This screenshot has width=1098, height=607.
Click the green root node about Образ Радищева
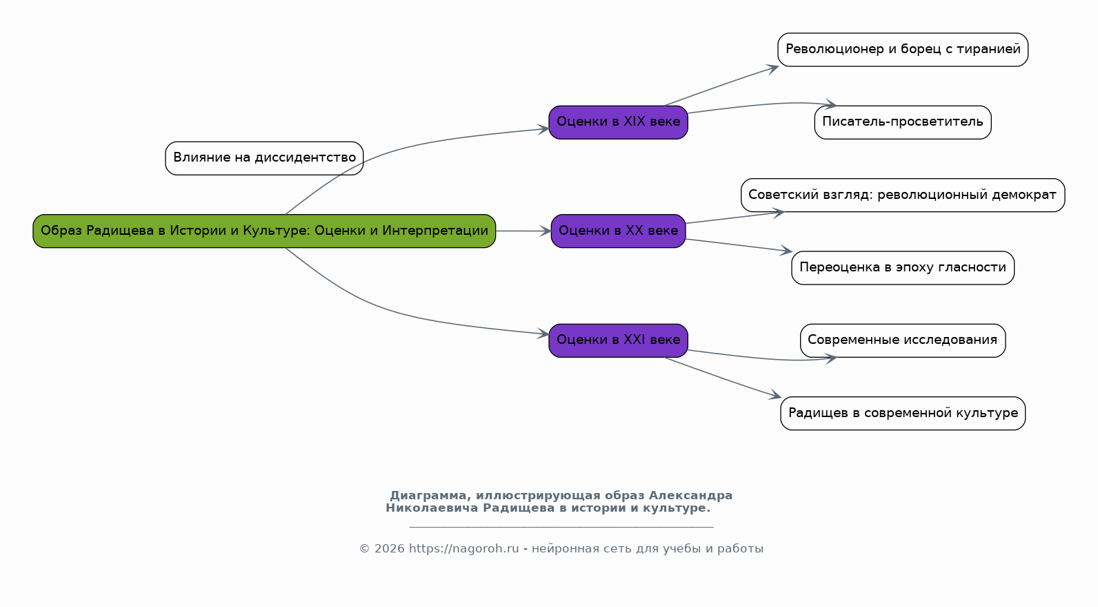click(x=264, y=231)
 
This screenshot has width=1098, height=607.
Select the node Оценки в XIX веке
click(x=618, y=122)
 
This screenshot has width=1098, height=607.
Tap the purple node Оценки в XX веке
click(x=618, y=231)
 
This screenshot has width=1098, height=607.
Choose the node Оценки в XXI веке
click(x=618, y=340)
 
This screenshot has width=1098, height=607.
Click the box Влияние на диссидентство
click(x=264, y=158)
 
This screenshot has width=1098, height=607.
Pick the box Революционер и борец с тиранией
click(x=903, y=50)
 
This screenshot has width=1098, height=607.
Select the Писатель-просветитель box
click(x=903, y=122)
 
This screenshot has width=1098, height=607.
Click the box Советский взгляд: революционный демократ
click(x=903, y=195)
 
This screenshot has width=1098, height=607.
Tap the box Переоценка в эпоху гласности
click(x=903, y=267)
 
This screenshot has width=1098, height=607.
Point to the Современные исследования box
click(x=903, y=340)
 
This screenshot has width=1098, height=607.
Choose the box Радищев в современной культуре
click(x=903, y=413)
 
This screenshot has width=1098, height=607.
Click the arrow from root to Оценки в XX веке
click(x=523, y=231)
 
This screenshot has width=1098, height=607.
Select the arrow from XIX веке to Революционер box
click(x=721, y=86)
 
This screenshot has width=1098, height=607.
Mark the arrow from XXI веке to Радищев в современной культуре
click(x=721, y=377)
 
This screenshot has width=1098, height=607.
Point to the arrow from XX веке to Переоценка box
click(x=738, y=245)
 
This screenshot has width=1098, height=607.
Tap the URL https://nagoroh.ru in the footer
click(x=463, y=549)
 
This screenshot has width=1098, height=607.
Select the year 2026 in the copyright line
click(x=390, y=549)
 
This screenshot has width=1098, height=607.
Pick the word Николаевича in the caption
click(x=432, y=508)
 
